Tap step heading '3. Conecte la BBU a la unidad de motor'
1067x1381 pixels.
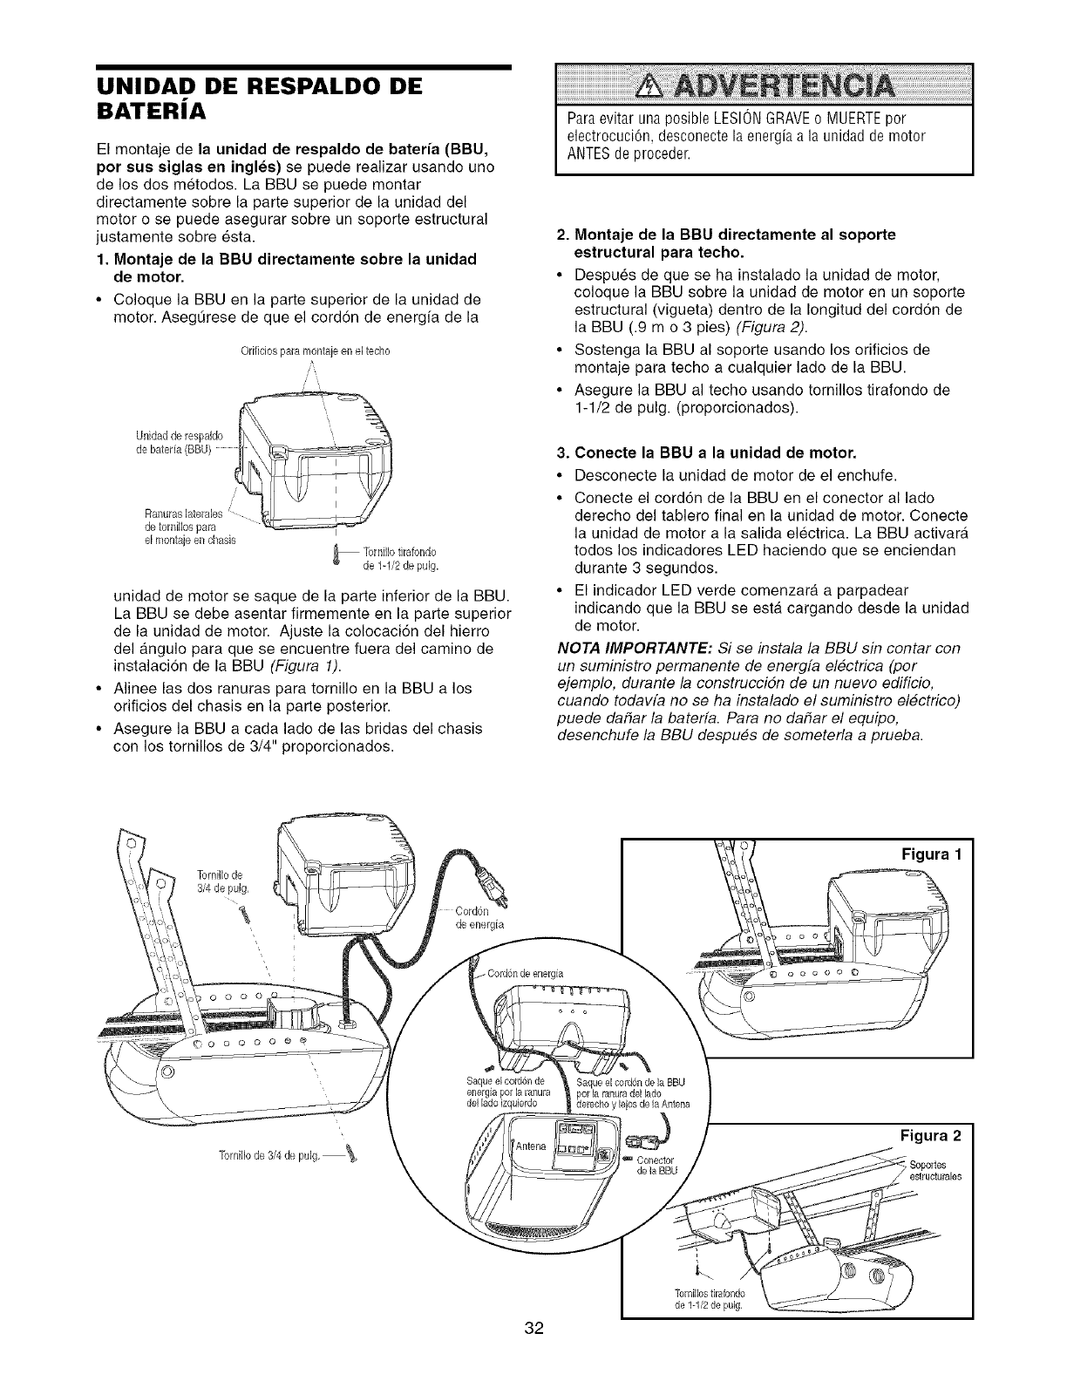point(706,452)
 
